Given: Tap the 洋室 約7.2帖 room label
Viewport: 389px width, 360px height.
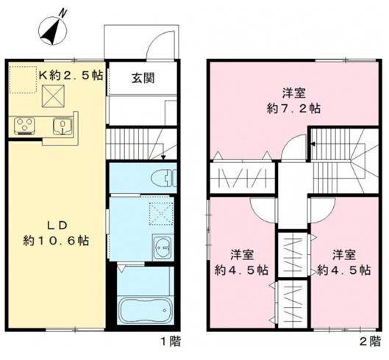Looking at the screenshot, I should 293,100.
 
